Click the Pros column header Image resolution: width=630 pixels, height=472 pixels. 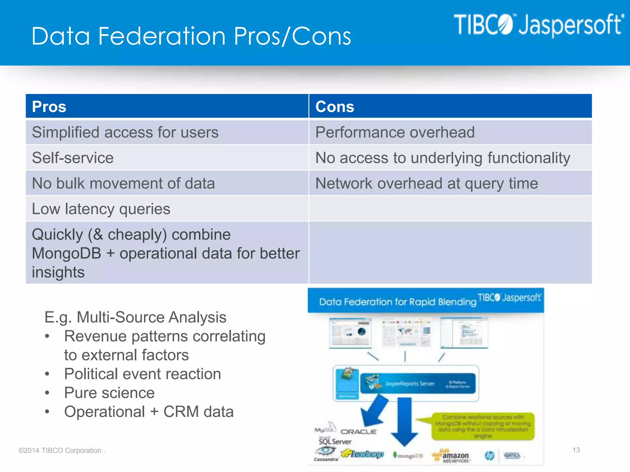point(49,107)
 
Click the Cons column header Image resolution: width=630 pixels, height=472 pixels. point(335,107)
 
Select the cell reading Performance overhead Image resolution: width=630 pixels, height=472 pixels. point(395,132)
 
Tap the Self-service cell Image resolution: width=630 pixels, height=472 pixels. point(73,158)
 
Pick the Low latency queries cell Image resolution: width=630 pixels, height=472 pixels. point(101,209)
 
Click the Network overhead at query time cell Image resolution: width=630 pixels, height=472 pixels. point(427,183)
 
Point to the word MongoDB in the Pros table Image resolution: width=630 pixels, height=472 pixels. point(66,254)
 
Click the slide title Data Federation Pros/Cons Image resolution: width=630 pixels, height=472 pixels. point(191,36)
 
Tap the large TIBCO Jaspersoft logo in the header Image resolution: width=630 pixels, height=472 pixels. point(539,25)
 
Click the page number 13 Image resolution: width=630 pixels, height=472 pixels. point(576,450)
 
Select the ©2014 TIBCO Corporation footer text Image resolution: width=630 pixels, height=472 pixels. point(62,450)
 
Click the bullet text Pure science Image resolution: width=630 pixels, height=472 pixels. point(109,393)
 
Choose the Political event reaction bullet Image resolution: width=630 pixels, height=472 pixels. point(142,374)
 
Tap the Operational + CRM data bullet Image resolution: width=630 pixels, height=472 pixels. point(149,412)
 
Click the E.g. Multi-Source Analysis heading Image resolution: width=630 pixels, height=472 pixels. point(135,317)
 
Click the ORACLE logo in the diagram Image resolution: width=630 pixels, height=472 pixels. point(359,432)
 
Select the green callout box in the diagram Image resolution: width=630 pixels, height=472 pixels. point(483,426)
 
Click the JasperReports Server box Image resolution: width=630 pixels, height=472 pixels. point(418,383)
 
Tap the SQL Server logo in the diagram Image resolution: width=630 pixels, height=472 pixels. point(335,441)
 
